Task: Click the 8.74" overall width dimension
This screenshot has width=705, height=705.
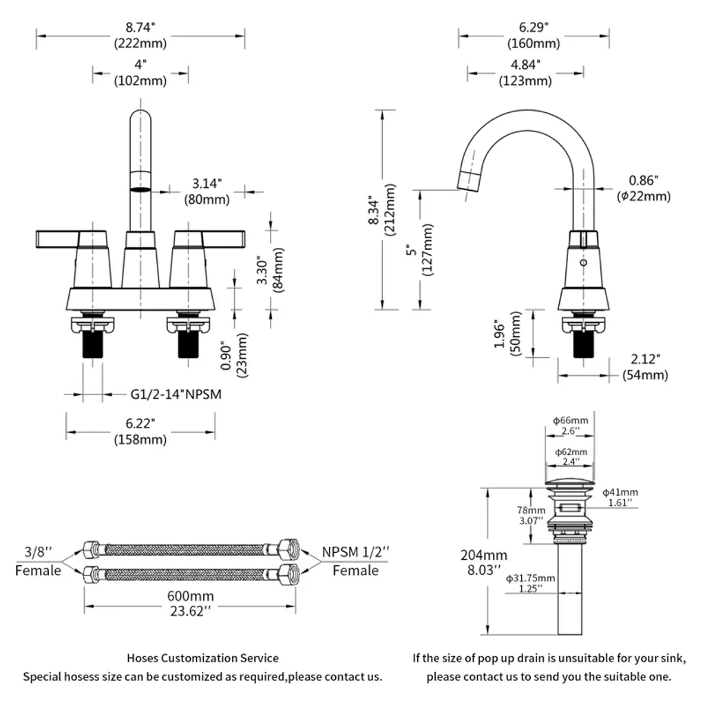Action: (140, 34)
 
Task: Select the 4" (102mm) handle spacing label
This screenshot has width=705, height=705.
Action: (140, 72)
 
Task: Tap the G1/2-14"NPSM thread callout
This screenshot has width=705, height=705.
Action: (176, 394)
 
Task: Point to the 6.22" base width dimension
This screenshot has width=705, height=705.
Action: (140, 432)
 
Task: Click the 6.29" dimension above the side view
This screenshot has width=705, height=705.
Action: (534, 34)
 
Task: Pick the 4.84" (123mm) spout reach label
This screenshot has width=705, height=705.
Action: (525, 72)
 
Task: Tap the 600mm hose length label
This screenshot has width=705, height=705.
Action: (190, 603)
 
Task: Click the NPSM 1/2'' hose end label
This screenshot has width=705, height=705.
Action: (355, 560)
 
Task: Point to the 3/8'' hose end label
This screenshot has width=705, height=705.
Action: (39, 560)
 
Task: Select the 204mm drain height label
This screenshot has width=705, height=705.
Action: (484, 562)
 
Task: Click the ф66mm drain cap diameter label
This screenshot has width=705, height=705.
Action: (570, 425)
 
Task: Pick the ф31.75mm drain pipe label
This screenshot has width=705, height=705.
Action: (530, 582)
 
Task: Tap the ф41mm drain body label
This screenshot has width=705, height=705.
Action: (620, 497)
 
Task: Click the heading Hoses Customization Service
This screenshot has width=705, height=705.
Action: (202, 658)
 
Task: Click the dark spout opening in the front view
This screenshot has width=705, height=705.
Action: (140, 187)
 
